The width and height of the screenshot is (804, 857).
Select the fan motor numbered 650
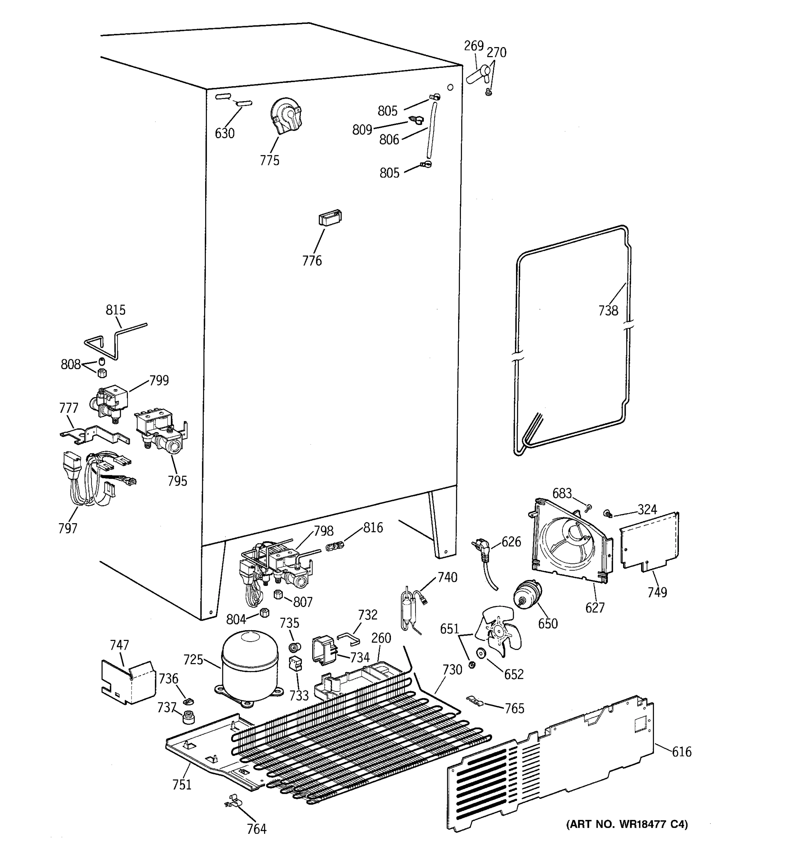click(527, 595)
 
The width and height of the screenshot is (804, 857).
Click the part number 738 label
click(608, 310)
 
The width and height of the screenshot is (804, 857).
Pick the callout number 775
click(269, 160)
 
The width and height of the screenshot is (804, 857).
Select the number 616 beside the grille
click(681, 752)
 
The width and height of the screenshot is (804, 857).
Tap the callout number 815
click(115, 310)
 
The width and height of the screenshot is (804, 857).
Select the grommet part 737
click(188, 717)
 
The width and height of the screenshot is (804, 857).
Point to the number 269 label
click(473, 46)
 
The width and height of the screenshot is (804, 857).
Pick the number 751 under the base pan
click(182, 785)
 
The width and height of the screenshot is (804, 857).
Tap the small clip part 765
click(475, 700)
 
